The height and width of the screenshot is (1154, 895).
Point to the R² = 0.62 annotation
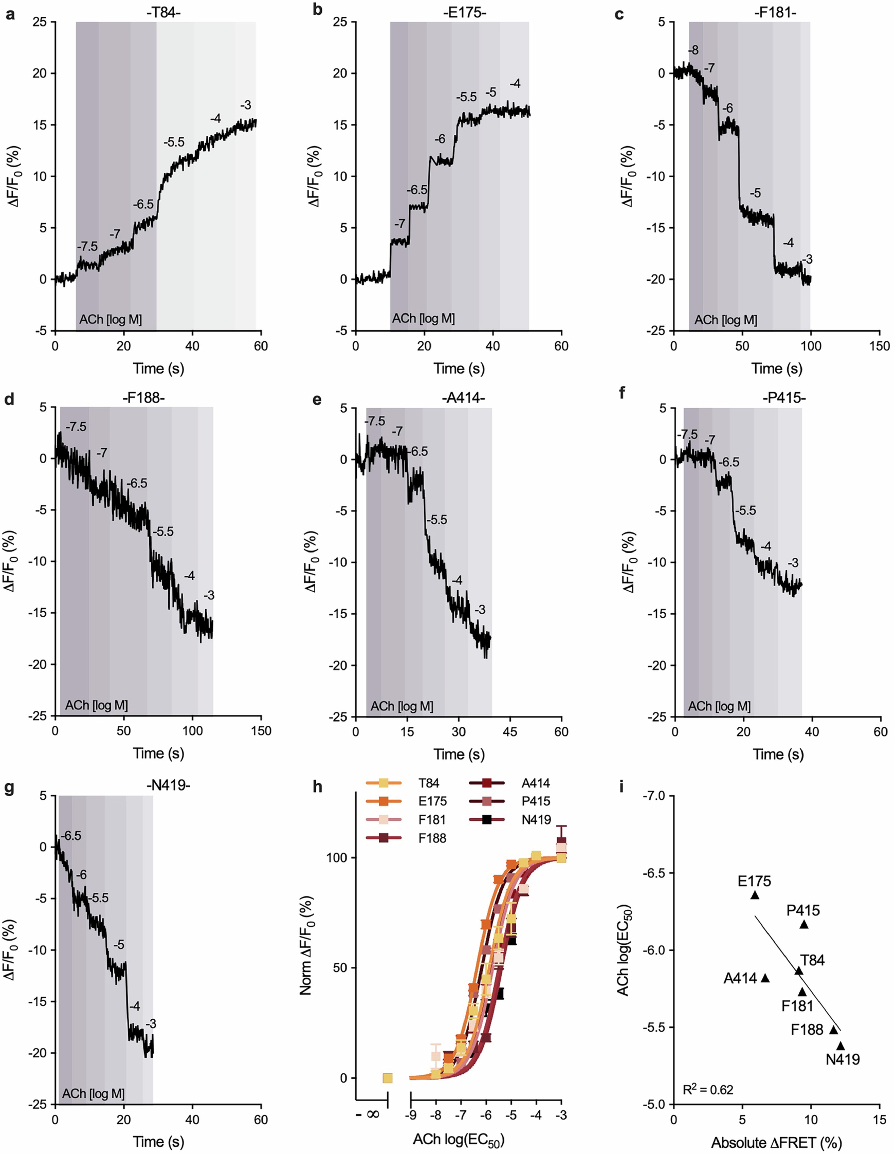(x=708, y=1089)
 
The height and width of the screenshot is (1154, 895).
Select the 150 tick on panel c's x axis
(x=879, y=346)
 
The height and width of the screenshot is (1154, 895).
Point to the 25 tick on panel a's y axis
(x=40, y=22)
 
